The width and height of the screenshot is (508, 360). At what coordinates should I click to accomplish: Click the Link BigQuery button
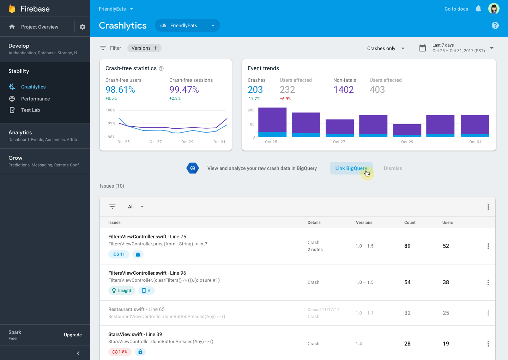(351, 168)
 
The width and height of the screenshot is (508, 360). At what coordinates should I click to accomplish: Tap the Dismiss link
(393, 168)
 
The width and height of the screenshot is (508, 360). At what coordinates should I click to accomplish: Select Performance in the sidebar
(35, 99)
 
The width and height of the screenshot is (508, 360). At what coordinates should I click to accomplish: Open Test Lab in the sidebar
(30, 110)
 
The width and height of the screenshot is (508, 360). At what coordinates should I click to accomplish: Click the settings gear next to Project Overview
(83, 27)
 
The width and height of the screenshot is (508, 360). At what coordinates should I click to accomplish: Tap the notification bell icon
(478, 9)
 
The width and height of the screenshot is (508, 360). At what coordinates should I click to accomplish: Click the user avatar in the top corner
(494, 9)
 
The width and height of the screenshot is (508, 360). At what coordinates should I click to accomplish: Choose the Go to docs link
(456, 9)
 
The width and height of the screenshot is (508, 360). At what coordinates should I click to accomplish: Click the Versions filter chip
(144, 48)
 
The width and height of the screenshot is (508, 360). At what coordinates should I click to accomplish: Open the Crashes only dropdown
(386, 48)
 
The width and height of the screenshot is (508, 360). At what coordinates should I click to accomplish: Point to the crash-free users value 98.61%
(120, 90)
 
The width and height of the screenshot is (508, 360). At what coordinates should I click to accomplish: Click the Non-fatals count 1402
(343, 90)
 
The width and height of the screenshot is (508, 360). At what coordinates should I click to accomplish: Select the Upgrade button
(73, 335)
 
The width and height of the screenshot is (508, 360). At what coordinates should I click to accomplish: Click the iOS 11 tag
(119, 254)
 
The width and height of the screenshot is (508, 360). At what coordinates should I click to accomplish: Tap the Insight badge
(122, 291)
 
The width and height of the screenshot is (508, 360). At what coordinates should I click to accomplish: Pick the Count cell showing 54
(407, 282)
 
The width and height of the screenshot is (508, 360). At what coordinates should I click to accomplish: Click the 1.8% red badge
(120, 352)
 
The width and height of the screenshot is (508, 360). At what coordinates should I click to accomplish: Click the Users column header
(448, 222)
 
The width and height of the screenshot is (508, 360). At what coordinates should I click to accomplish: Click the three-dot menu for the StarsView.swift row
(488, 344)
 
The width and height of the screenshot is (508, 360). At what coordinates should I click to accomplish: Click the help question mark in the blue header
(495, 25)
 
